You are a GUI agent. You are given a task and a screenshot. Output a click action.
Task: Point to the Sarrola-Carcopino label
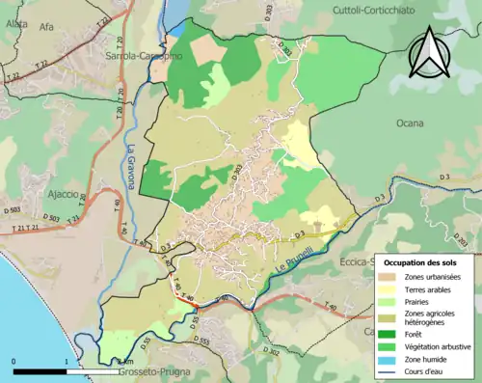tap(139, 56)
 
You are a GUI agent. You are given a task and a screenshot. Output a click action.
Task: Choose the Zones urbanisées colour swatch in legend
tap(389, 278)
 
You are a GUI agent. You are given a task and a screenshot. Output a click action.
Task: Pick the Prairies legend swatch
tap(389, 301)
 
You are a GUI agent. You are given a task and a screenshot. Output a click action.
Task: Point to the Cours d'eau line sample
tap(389, 367)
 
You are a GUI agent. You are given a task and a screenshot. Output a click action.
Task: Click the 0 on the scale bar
tap(13, 362)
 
